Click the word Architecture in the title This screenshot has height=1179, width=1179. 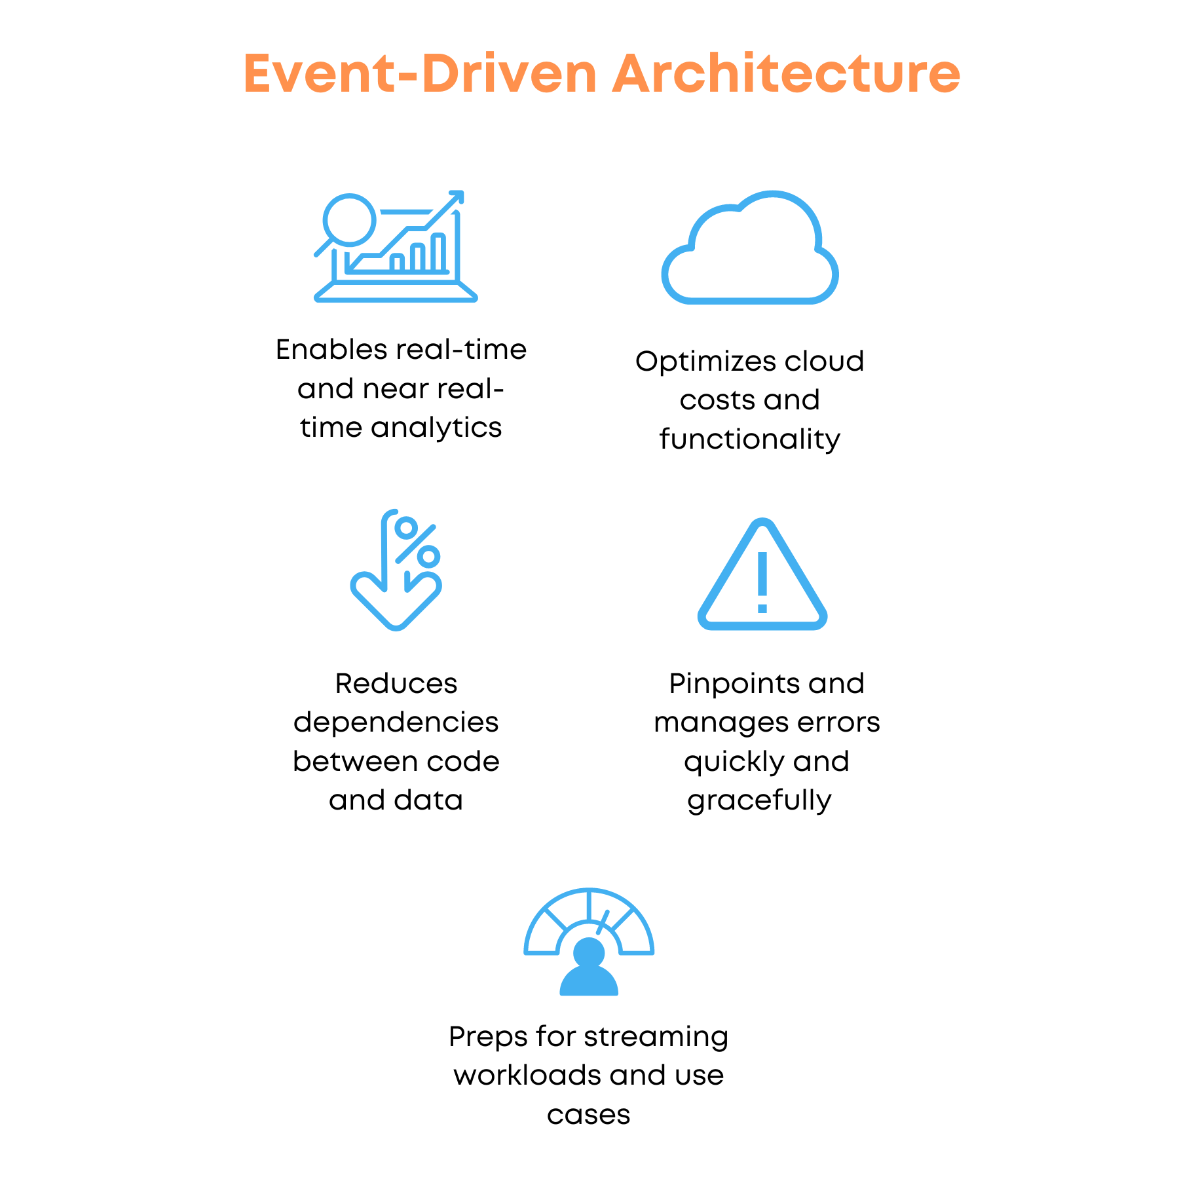(x=786, y=73)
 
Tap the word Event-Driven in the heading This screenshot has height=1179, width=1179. (x=420, y=73)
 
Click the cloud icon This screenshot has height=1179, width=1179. (x=750, y=248)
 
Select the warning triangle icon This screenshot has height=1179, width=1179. (x=762, y=574)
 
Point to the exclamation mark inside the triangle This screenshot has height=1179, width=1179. (x=762, y=582)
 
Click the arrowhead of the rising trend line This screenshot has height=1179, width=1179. (x=456, y=197)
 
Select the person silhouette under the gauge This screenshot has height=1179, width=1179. (x=589, y=967)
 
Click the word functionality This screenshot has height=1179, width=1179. (x=750, y=440)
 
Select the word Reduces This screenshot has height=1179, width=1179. (x=396, y=684)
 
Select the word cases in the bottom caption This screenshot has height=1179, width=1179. (x=589, y=1115)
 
